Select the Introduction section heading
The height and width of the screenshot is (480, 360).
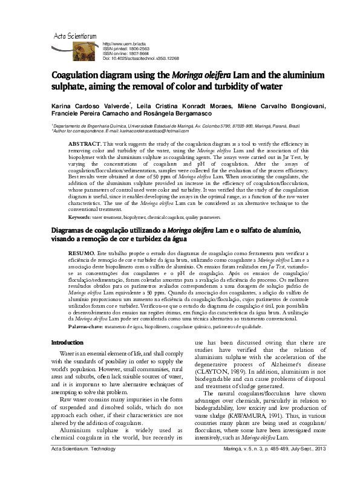coord(66,359)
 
